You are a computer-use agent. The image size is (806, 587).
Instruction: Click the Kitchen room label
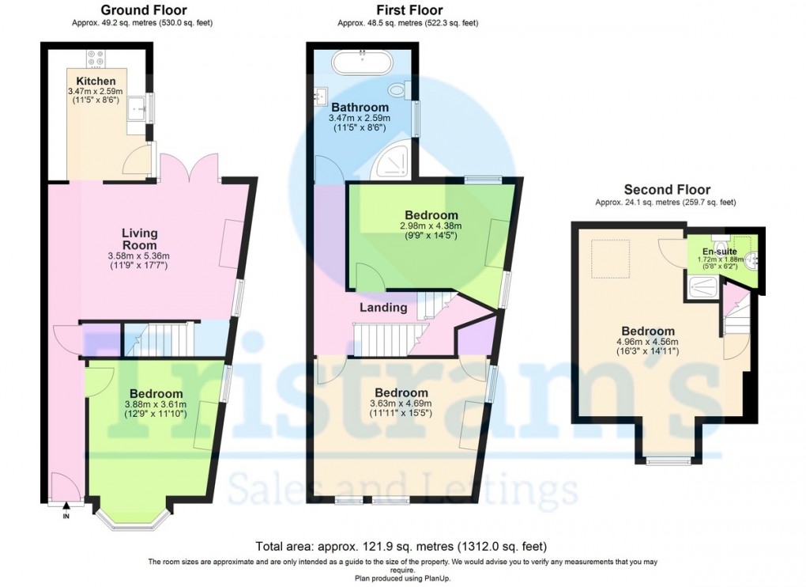(x=96, y=81)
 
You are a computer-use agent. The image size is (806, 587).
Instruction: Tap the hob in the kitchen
(x=96, y=58)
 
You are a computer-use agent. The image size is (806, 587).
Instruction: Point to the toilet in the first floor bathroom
(x=399, y=90)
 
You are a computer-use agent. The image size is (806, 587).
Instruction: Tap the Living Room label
(x=139, y=239)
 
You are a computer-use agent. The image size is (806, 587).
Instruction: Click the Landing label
(x=383, y=308)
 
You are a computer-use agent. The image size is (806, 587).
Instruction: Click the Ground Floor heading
(x=143, y=9)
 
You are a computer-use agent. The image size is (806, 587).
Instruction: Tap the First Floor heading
(x=409, y=9)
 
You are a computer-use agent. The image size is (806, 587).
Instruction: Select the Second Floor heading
(x=667, y=189)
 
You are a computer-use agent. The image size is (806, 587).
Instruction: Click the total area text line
(x=401, y=546)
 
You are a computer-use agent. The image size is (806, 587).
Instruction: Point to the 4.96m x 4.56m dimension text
(x=647, y=342)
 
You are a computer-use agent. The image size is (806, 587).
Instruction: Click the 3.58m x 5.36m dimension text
(x=139, y=256)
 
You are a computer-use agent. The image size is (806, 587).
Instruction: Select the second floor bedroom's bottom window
(x=669, y=461)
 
